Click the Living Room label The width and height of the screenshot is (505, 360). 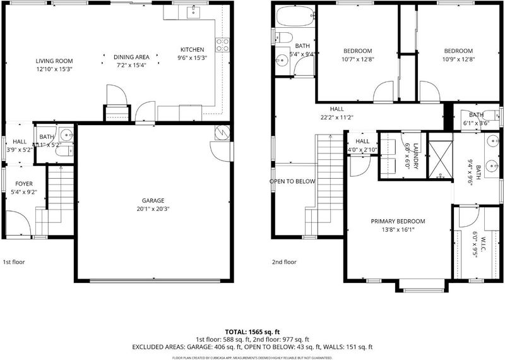tap(54, 61)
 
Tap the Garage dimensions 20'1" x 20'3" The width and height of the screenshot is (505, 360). tap(153, 209)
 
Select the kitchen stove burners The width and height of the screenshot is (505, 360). tap(222, 45)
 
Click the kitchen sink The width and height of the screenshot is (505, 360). tap(193, 12)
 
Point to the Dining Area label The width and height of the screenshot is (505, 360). tap(131, 57)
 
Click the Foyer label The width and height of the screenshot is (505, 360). tap(24, 184)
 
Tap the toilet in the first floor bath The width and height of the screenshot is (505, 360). tap(64, 150)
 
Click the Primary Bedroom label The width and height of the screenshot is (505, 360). tap(398, 221)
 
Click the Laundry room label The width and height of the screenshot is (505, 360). tap(415, 156)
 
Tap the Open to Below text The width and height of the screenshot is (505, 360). tap(292, 181)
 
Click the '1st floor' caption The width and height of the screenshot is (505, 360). tap(14, 262)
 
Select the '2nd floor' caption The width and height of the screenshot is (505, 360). tap(284, 262)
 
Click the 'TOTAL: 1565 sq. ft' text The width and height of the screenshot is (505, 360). tap(252, 332)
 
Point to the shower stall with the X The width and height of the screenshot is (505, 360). tap(441, 155)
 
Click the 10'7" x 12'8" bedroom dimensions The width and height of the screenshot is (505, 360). tap(357, 59)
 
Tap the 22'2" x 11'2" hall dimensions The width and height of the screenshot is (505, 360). tap(337, 117)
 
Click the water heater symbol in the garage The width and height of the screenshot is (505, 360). tap(222, 132)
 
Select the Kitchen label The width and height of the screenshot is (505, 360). tap(192, 50)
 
